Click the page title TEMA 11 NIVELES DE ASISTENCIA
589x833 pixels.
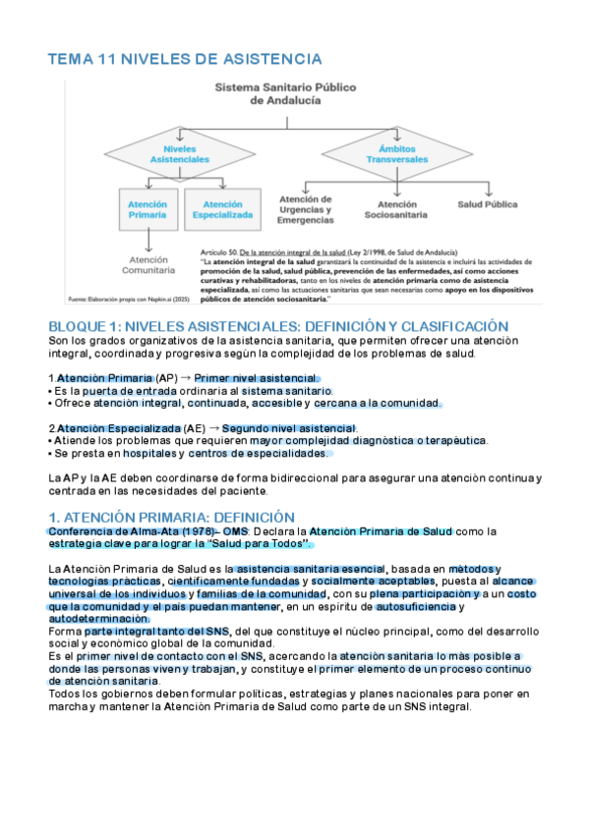tap(185, 60)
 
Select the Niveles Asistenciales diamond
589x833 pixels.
tap(181, 152)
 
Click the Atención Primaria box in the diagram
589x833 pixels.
tap(147, 208)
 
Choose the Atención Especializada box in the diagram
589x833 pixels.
tap(223, 208)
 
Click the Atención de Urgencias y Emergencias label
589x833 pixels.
tap(307, 207)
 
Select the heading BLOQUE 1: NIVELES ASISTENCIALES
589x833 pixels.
tap(278, 325)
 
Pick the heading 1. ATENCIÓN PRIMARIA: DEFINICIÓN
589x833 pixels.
tap(171, 517)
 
